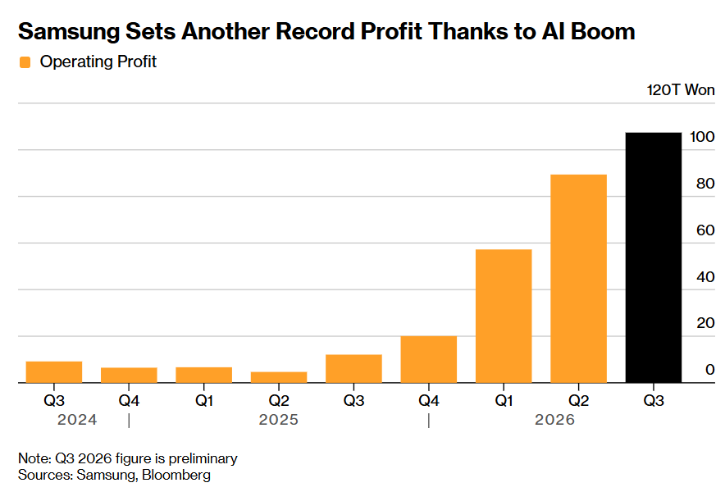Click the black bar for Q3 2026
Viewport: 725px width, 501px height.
[654, 257]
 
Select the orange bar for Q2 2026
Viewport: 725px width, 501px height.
[578, 279]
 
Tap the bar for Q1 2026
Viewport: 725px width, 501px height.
[504, 317]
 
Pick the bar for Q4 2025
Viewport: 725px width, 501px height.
[429, 359]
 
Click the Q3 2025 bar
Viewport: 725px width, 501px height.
[353, 368]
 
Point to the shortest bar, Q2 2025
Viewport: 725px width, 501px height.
[279, 377]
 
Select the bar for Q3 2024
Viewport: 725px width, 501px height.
[54, 372]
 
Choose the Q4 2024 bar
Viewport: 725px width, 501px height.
[129, 375]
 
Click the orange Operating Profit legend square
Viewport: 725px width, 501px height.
[25, 62]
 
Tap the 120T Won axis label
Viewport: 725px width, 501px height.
[681, 89]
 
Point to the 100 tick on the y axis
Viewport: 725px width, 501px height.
[702, 137]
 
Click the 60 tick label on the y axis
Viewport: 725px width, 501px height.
[705, 230]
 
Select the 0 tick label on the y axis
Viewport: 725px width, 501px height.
[710, 369]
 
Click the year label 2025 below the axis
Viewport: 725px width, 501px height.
[278, 420]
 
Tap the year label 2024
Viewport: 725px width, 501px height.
[77, 420]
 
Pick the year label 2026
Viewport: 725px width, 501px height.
[554, 420]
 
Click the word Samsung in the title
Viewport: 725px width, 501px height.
[69, 32]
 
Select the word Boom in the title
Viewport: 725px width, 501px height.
[603, 31]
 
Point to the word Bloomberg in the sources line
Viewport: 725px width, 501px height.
[176, 475]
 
